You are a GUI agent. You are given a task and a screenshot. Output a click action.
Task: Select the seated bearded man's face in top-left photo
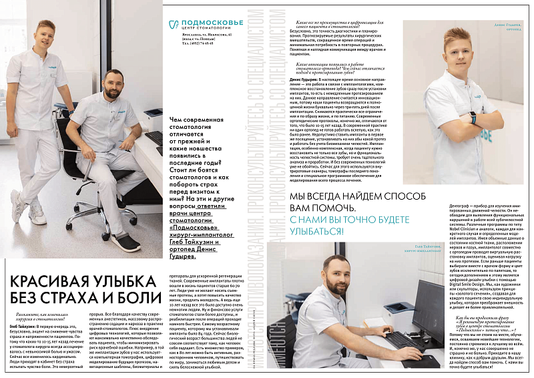tap(111, 83)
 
